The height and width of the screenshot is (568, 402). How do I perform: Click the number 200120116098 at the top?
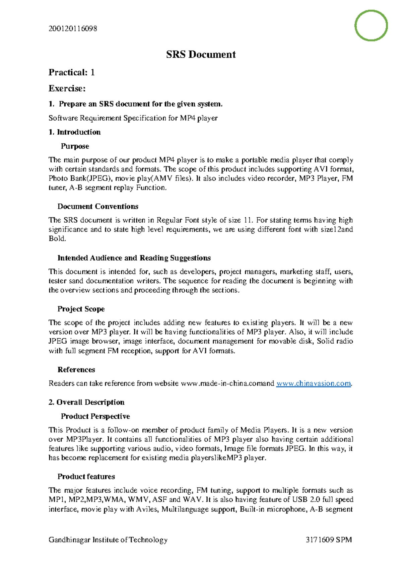click(73, 29)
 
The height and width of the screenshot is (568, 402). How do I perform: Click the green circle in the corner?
click(371, 25)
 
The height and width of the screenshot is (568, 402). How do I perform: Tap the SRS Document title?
click(201, 55)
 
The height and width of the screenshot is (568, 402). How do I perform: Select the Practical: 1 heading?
click(71, 72)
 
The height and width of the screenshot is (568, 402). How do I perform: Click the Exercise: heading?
click(67, 88)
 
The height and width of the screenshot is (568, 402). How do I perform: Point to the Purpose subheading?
click(75, 146)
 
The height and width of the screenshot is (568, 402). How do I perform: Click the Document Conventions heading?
click(98, 207)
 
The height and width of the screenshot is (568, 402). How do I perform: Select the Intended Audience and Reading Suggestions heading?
click(134, 258)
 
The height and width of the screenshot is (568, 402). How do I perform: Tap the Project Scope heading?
click(81, 309)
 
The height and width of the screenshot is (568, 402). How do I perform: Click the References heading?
click(76, 370)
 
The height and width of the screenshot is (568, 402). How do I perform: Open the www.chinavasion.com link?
click(313, 383)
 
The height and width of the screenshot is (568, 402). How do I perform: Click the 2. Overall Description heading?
click(86, 402)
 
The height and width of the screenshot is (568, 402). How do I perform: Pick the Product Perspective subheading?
click(95, 416)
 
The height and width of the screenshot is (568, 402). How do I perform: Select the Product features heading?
click(86, 477)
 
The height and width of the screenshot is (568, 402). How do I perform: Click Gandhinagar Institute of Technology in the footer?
click(108, 540)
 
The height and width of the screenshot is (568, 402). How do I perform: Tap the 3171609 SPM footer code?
click(329, 540)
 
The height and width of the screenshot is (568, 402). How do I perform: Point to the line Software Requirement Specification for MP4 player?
click(133, 118)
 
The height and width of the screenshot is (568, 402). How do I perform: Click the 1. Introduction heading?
click(74, 132)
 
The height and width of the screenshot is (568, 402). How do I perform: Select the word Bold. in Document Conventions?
click(57, 239)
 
